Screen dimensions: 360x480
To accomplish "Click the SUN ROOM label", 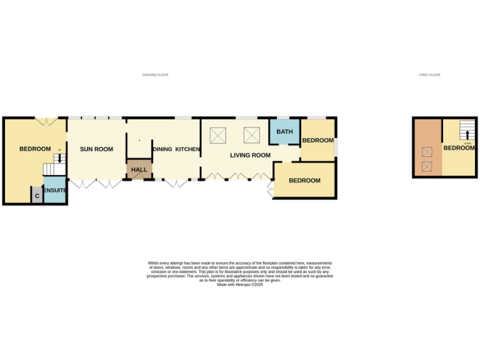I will (96, 149).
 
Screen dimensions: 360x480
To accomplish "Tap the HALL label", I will (139, 169).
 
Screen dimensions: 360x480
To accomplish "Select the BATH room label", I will (284, 132).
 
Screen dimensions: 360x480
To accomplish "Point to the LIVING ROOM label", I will (250, 155).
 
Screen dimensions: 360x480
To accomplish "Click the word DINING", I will (162, 149).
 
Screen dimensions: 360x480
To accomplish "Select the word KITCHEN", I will (187, 149).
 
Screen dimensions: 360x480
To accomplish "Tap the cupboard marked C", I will (37, 196).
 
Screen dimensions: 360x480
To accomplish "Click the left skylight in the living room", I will (218, 134).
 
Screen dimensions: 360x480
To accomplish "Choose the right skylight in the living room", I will (252, 134).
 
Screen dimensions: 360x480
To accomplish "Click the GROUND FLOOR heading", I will (155, 75).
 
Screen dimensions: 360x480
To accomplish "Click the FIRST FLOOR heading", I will (429, 75).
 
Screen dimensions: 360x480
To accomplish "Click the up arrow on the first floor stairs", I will (466, 134).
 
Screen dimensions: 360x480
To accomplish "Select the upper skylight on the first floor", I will (427, 151).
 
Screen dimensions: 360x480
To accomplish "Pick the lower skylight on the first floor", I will (427, 166).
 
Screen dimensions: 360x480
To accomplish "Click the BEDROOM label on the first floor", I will (459, 148).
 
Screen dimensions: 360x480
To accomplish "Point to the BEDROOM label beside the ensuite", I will (35, 149).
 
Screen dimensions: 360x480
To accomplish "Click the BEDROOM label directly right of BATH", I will (317, 141).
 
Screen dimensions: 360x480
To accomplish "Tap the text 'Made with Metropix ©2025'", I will (239, 284).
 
